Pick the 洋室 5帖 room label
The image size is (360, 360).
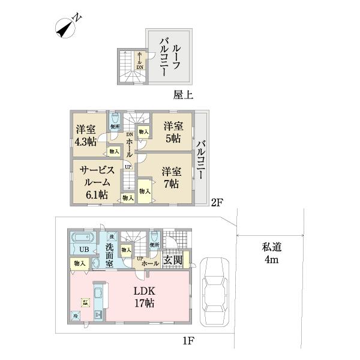[173, 132]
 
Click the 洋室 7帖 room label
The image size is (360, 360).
[171, 178]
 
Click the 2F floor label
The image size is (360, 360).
[217, 203]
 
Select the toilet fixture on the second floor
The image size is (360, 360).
[115, 119]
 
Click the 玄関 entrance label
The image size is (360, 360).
[172, 262]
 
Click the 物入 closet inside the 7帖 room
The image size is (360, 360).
[145, 191]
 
